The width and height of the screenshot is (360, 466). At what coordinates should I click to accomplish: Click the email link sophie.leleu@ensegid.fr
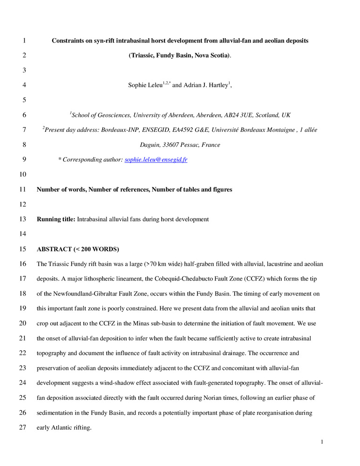[156, 160]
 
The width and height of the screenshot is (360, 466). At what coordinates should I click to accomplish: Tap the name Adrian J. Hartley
[204, 85]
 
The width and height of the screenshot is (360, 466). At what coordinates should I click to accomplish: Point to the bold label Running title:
[56, 219]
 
